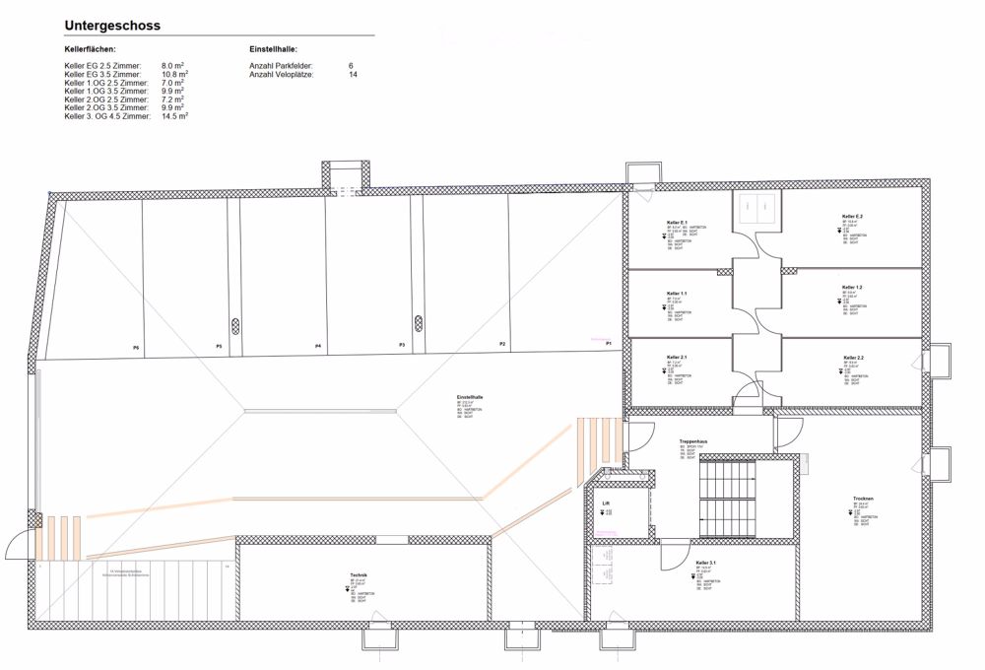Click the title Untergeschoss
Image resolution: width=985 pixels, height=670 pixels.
pos(112,25)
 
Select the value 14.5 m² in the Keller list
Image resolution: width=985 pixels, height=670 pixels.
pos(174,116)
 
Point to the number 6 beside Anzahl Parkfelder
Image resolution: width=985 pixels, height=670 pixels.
pos(351,65)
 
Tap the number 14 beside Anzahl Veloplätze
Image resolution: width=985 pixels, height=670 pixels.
pos(353,74)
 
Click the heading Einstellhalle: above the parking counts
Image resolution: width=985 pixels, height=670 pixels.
pos(274,48)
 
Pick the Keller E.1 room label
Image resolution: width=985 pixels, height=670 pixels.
pos(677,223)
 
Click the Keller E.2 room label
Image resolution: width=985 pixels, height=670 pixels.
pos(852,216)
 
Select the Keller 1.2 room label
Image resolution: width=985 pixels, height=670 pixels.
pos(852,287)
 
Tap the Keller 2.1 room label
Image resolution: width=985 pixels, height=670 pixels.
pos(677,357)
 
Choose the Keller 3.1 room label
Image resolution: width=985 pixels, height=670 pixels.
pos(705,563)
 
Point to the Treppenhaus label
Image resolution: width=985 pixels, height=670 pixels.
pos(694,440)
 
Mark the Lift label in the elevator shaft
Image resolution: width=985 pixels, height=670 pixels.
pos(607,503)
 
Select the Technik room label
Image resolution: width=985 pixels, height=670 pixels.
pos(359,575)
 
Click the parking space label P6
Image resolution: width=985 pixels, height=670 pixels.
pos(136,348)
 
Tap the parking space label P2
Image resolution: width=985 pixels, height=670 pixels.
pos(502,344)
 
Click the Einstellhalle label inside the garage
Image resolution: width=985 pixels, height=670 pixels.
pos(469,397)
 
